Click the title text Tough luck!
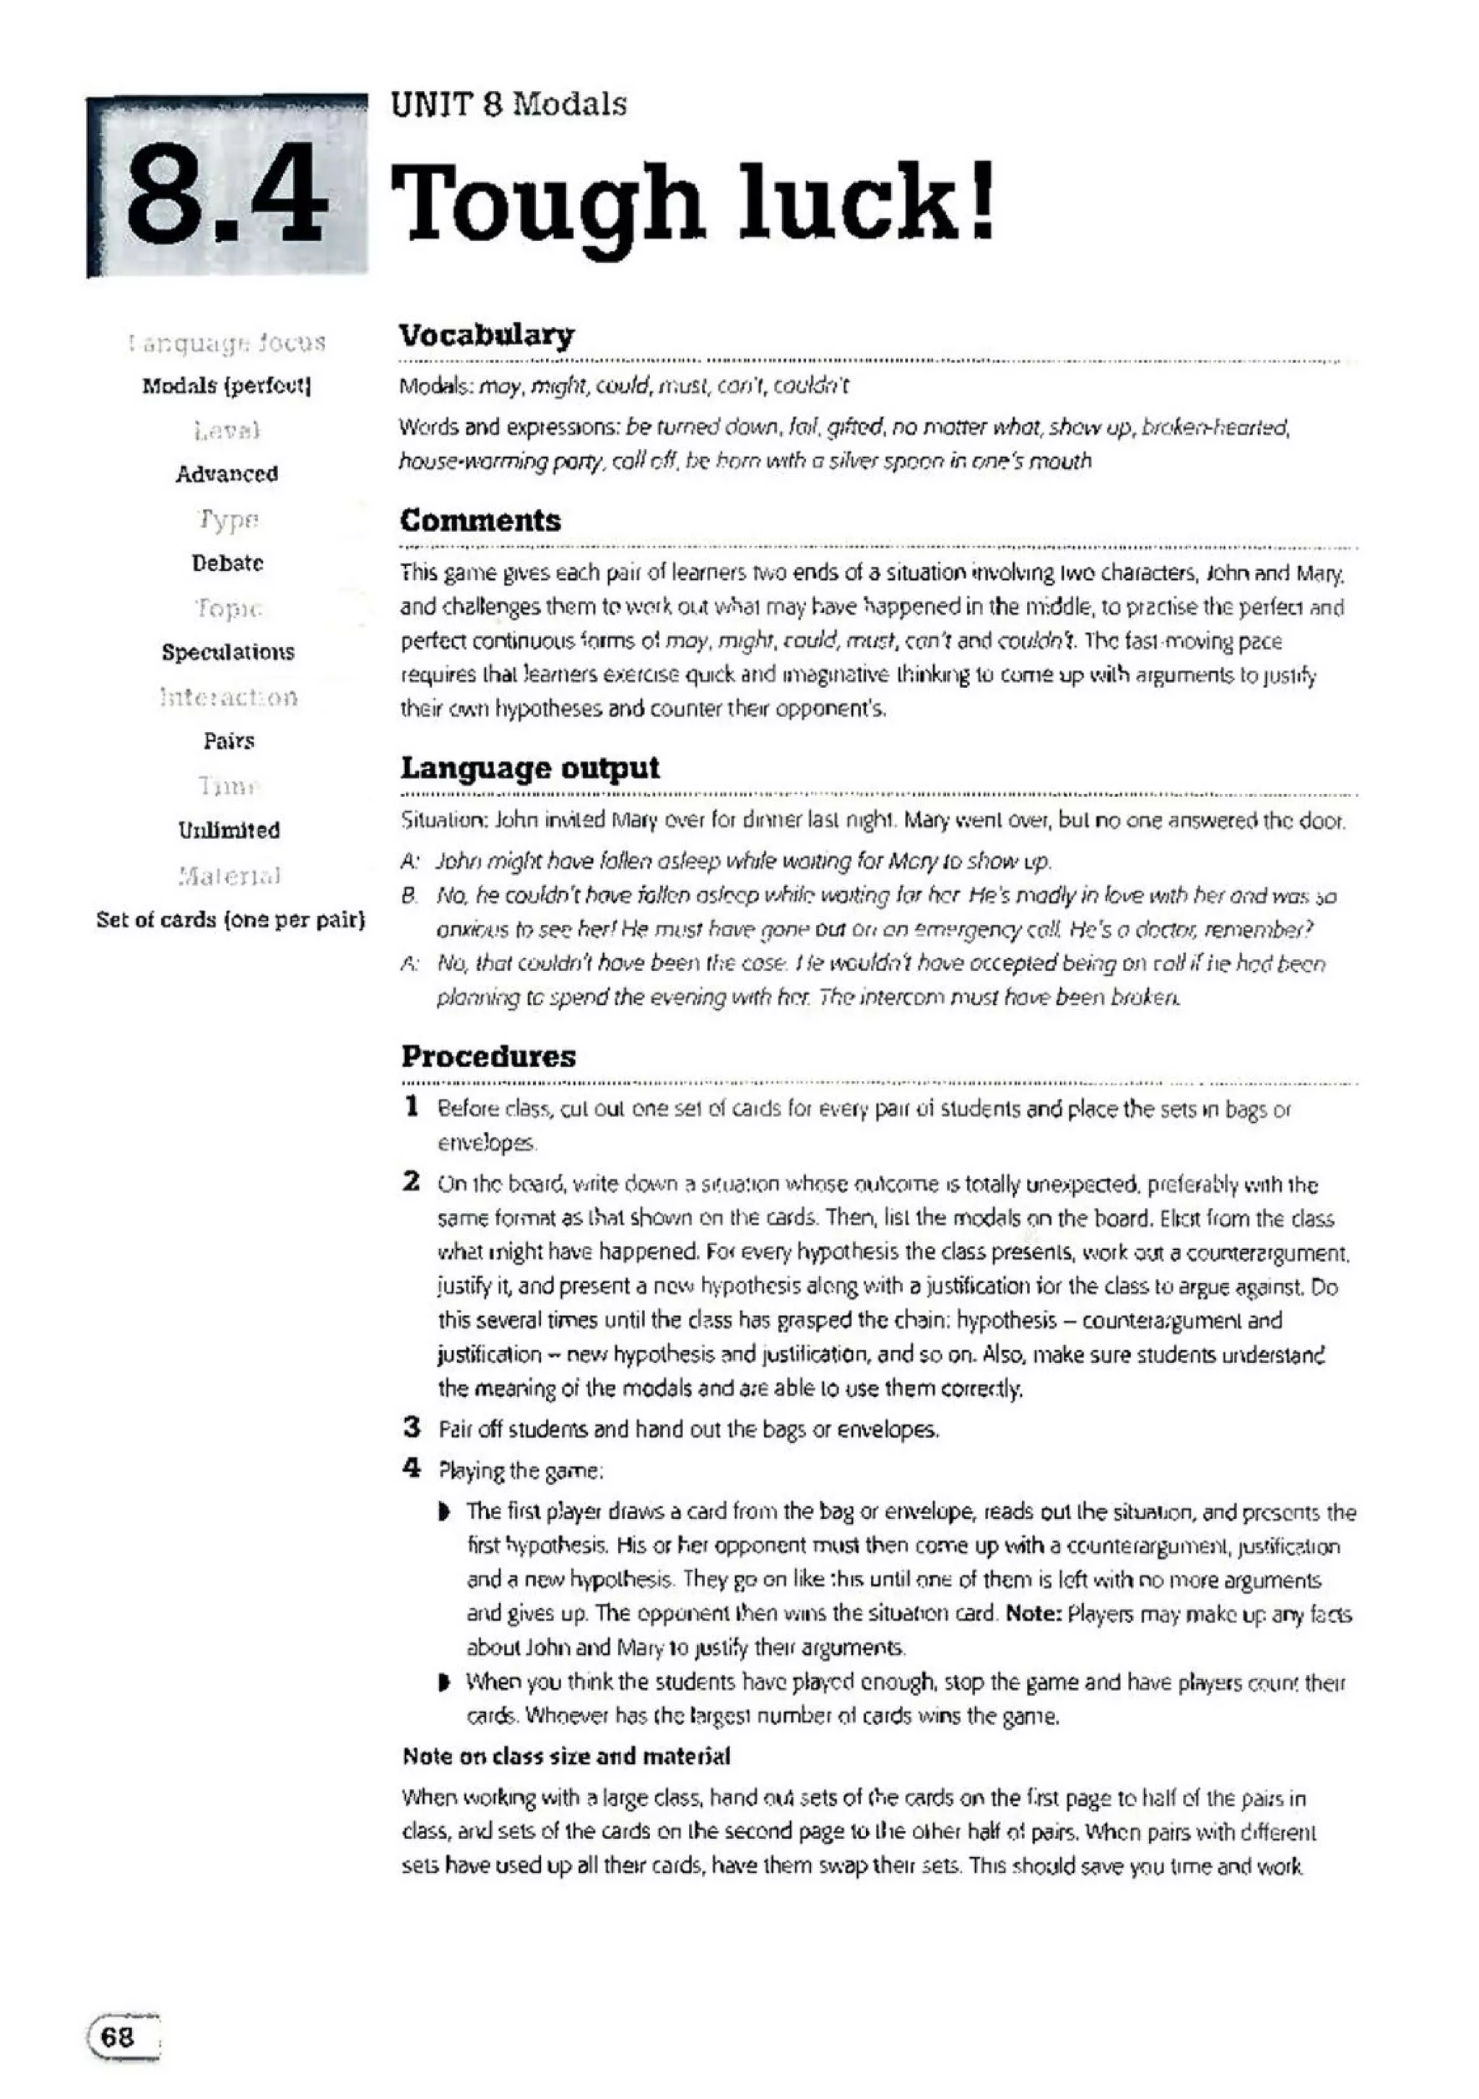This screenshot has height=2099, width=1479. [x=693, y=202]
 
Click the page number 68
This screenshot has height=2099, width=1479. [x=118, y=2038]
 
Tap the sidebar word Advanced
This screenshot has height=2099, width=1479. [x=227, y=474]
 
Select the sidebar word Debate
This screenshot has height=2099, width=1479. [x=227, y=563]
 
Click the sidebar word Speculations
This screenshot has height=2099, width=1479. [x=227, y=652]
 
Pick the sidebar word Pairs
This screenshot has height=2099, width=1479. [x=227, y=741]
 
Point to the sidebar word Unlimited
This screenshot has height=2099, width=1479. [x=227, y=830]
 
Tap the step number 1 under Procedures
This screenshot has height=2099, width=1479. [x=412, y=1106]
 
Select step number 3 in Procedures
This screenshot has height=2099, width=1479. [x=412, y=1426]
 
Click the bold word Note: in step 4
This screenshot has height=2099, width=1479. [x=1033, y=1614]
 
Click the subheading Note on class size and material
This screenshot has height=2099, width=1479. [x=566, y=1756]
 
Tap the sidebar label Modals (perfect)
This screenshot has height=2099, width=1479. [x=227, y=386]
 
